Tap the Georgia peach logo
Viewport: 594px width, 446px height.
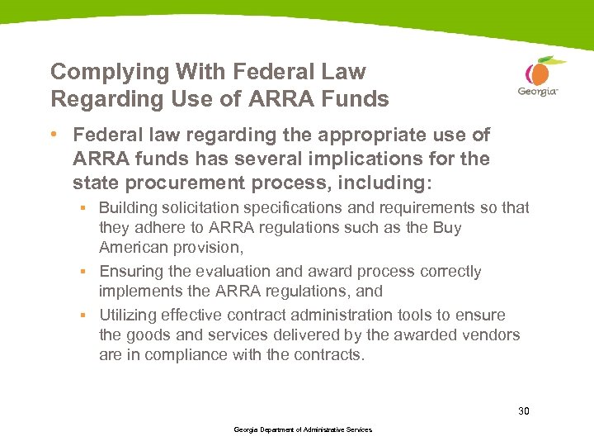pos(539,76)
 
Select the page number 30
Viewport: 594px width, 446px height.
pos(524,410)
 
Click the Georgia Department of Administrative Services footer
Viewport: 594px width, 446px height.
pos(303,429)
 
